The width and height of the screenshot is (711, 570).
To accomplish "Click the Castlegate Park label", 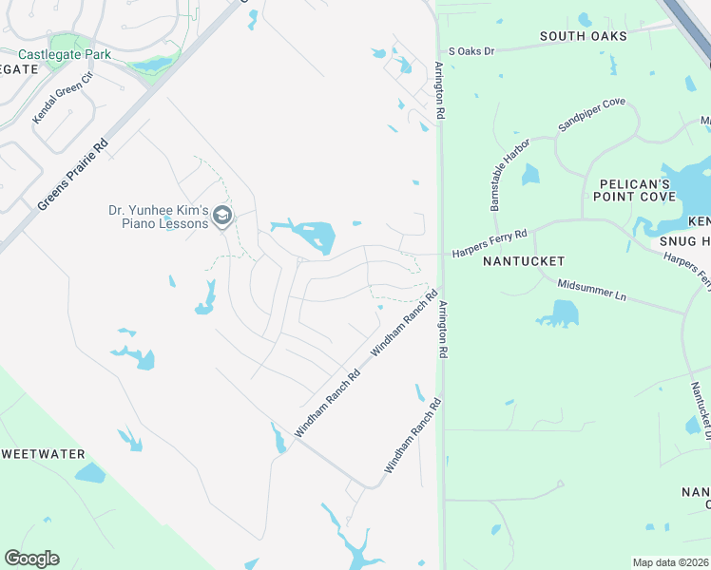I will [70, 54].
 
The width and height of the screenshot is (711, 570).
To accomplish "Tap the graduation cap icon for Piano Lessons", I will [222, 217].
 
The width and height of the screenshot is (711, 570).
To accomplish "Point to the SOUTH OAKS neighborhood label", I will [584, 36].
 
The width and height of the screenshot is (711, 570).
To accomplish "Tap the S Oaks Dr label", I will [472, 50].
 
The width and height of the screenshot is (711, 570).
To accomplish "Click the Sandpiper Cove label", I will [592, 114].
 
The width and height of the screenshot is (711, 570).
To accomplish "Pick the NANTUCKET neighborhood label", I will [524, 260].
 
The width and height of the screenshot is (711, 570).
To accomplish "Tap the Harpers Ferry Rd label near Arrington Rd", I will [490, 243].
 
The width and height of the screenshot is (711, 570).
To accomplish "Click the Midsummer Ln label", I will [591, 291].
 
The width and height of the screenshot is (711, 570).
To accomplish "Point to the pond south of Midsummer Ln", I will [561, 313].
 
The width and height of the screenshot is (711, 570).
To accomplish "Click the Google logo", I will [31, 559].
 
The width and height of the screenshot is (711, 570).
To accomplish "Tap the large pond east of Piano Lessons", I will [312, 235].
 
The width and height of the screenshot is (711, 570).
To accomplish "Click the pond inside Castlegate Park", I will [152, 65].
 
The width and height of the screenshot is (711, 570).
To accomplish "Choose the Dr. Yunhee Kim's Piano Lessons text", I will [158, 217].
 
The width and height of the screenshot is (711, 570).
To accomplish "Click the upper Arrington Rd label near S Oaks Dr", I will [440, 91].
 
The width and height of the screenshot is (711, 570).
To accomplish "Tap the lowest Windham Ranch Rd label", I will [413, 437].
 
